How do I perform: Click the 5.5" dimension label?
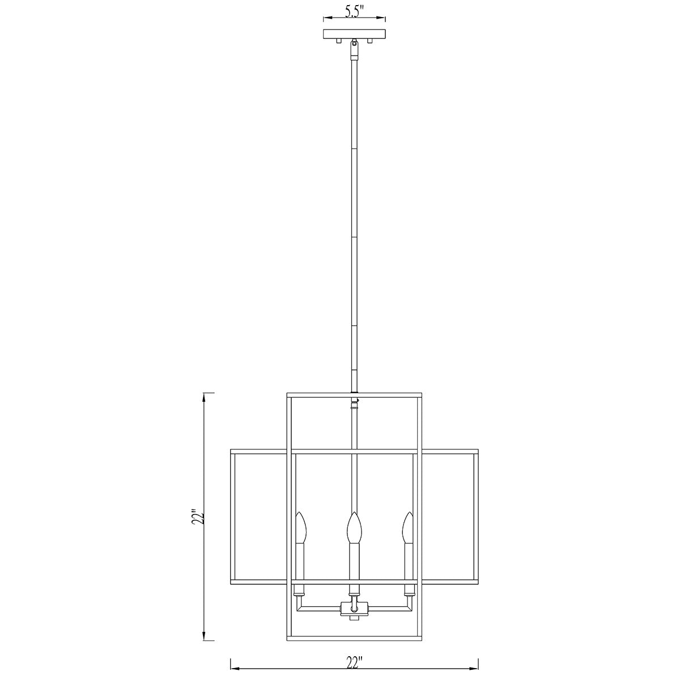[x=354, y=12]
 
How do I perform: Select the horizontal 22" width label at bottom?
[x=354, y=662]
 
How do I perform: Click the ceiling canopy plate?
[x=354, y=34]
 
